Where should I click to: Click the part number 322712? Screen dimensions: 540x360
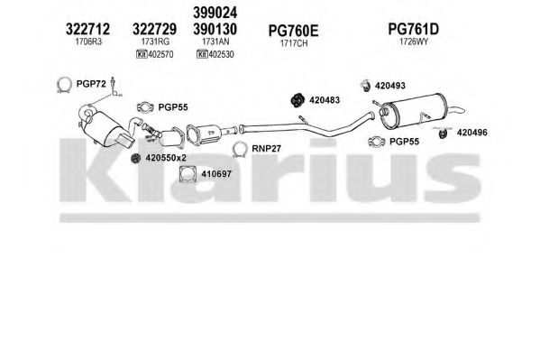[87, 29]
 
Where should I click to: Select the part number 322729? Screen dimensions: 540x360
[155, 29]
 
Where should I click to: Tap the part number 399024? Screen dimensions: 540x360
[215, 13]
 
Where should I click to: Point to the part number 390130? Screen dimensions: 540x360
[215, 29]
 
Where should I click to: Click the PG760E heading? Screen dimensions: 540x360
[293, 31]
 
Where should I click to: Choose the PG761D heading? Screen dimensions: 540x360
[414, 29]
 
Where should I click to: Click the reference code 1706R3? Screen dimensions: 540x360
[88, 42]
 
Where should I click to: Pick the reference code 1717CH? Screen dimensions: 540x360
[294, 43]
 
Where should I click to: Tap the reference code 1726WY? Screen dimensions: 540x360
[414, 42]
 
